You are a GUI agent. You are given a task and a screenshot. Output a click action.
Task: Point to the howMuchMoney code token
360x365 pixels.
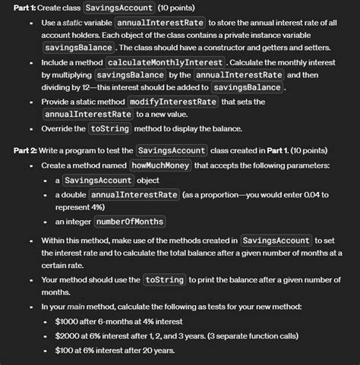pyautogui.click(x=160, y=165)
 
